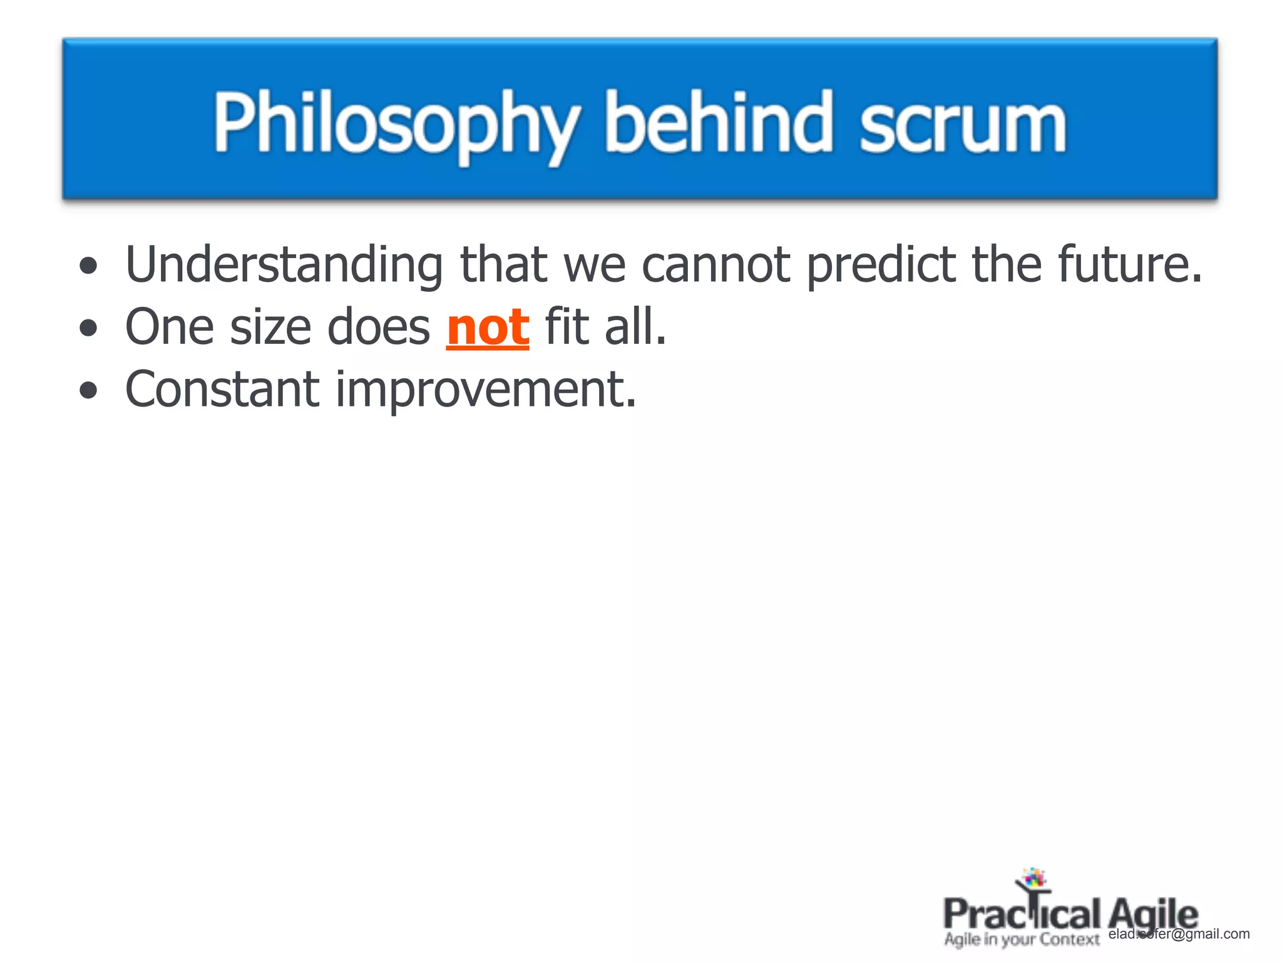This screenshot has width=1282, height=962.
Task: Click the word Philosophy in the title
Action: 396,123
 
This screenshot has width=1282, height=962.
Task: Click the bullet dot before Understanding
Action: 89,266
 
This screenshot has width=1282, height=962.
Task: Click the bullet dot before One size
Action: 89,328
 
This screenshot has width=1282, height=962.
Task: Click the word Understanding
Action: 285,265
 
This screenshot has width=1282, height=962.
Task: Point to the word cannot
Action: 716,265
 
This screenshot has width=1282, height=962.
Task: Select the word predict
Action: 881,265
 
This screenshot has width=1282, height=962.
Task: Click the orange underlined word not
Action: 488,328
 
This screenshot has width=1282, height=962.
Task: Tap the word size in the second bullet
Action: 270,328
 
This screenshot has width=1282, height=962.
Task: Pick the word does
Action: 379,328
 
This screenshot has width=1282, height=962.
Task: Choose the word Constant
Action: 222,390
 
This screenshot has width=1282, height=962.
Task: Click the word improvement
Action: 485,390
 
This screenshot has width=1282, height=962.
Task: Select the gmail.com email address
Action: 1179,934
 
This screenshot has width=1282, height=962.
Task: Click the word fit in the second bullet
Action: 566,328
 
